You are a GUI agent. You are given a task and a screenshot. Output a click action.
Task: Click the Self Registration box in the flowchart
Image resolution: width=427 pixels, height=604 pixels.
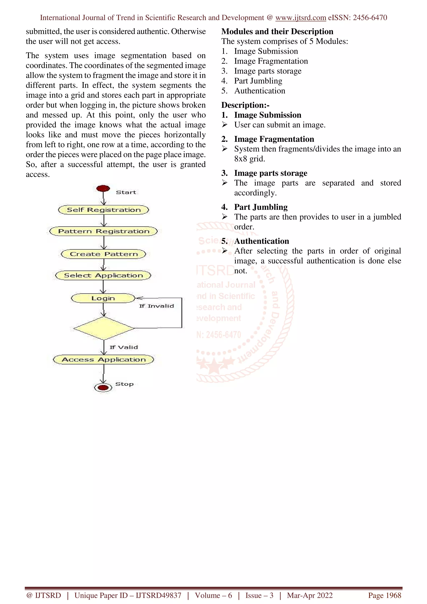tap(103, 210)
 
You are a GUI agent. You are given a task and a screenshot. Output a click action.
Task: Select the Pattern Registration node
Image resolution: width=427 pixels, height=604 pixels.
tap(103, 231)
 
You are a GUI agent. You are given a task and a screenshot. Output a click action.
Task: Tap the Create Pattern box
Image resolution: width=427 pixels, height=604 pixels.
tap(103, 254)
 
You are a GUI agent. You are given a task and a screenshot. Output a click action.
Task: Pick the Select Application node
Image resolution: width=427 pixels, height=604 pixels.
tap(103, 276)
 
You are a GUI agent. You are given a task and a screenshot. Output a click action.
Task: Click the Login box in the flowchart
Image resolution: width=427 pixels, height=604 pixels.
tap(103, 298)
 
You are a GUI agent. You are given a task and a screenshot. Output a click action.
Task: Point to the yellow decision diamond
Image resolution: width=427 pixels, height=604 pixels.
tap(104, 328)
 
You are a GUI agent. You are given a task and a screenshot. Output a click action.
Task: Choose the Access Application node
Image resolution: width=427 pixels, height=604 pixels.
tap(103, 360)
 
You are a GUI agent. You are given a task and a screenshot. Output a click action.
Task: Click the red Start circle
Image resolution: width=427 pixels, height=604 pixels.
tap(103, 188)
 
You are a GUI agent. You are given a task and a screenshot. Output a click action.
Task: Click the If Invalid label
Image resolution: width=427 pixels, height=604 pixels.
tap(156, 306)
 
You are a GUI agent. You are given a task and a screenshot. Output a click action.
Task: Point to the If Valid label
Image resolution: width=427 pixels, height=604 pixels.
tap(123, 347)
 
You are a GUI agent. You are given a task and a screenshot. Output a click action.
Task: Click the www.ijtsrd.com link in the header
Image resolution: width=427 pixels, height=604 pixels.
tap(300, 18)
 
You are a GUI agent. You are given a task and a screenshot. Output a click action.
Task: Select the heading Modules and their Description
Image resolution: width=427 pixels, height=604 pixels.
tap(277, 31)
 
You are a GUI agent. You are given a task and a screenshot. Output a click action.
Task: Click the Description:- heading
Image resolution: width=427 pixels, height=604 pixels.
tap(245, 105)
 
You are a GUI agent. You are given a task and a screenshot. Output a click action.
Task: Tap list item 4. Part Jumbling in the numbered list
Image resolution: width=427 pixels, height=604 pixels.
tap(258, 81)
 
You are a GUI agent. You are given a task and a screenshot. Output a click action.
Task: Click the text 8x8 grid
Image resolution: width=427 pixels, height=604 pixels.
tap(249, 159)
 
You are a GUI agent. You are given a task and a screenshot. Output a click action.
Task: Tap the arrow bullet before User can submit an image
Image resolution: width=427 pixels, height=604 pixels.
tap(224, 124)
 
